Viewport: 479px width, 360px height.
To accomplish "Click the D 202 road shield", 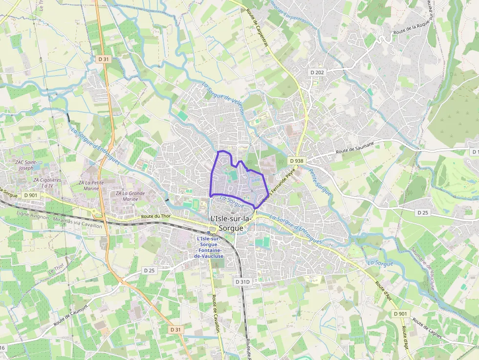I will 317,72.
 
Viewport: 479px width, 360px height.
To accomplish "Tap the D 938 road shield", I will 296,161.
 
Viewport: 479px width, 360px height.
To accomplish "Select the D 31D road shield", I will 242,282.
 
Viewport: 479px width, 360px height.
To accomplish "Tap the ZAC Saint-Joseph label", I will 24,165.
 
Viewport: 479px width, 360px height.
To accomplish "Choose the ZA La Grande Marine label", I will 131,196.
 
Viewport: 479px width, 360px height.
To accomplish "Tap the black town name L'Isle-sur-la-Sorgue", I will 231,222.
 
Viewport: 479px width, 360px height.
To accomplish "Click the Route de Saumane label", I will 355,148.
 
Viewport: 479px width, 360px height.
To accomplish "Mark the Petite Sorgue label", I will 320,182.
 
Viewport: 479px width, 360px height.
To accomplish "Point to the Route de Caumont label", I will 71,316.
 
